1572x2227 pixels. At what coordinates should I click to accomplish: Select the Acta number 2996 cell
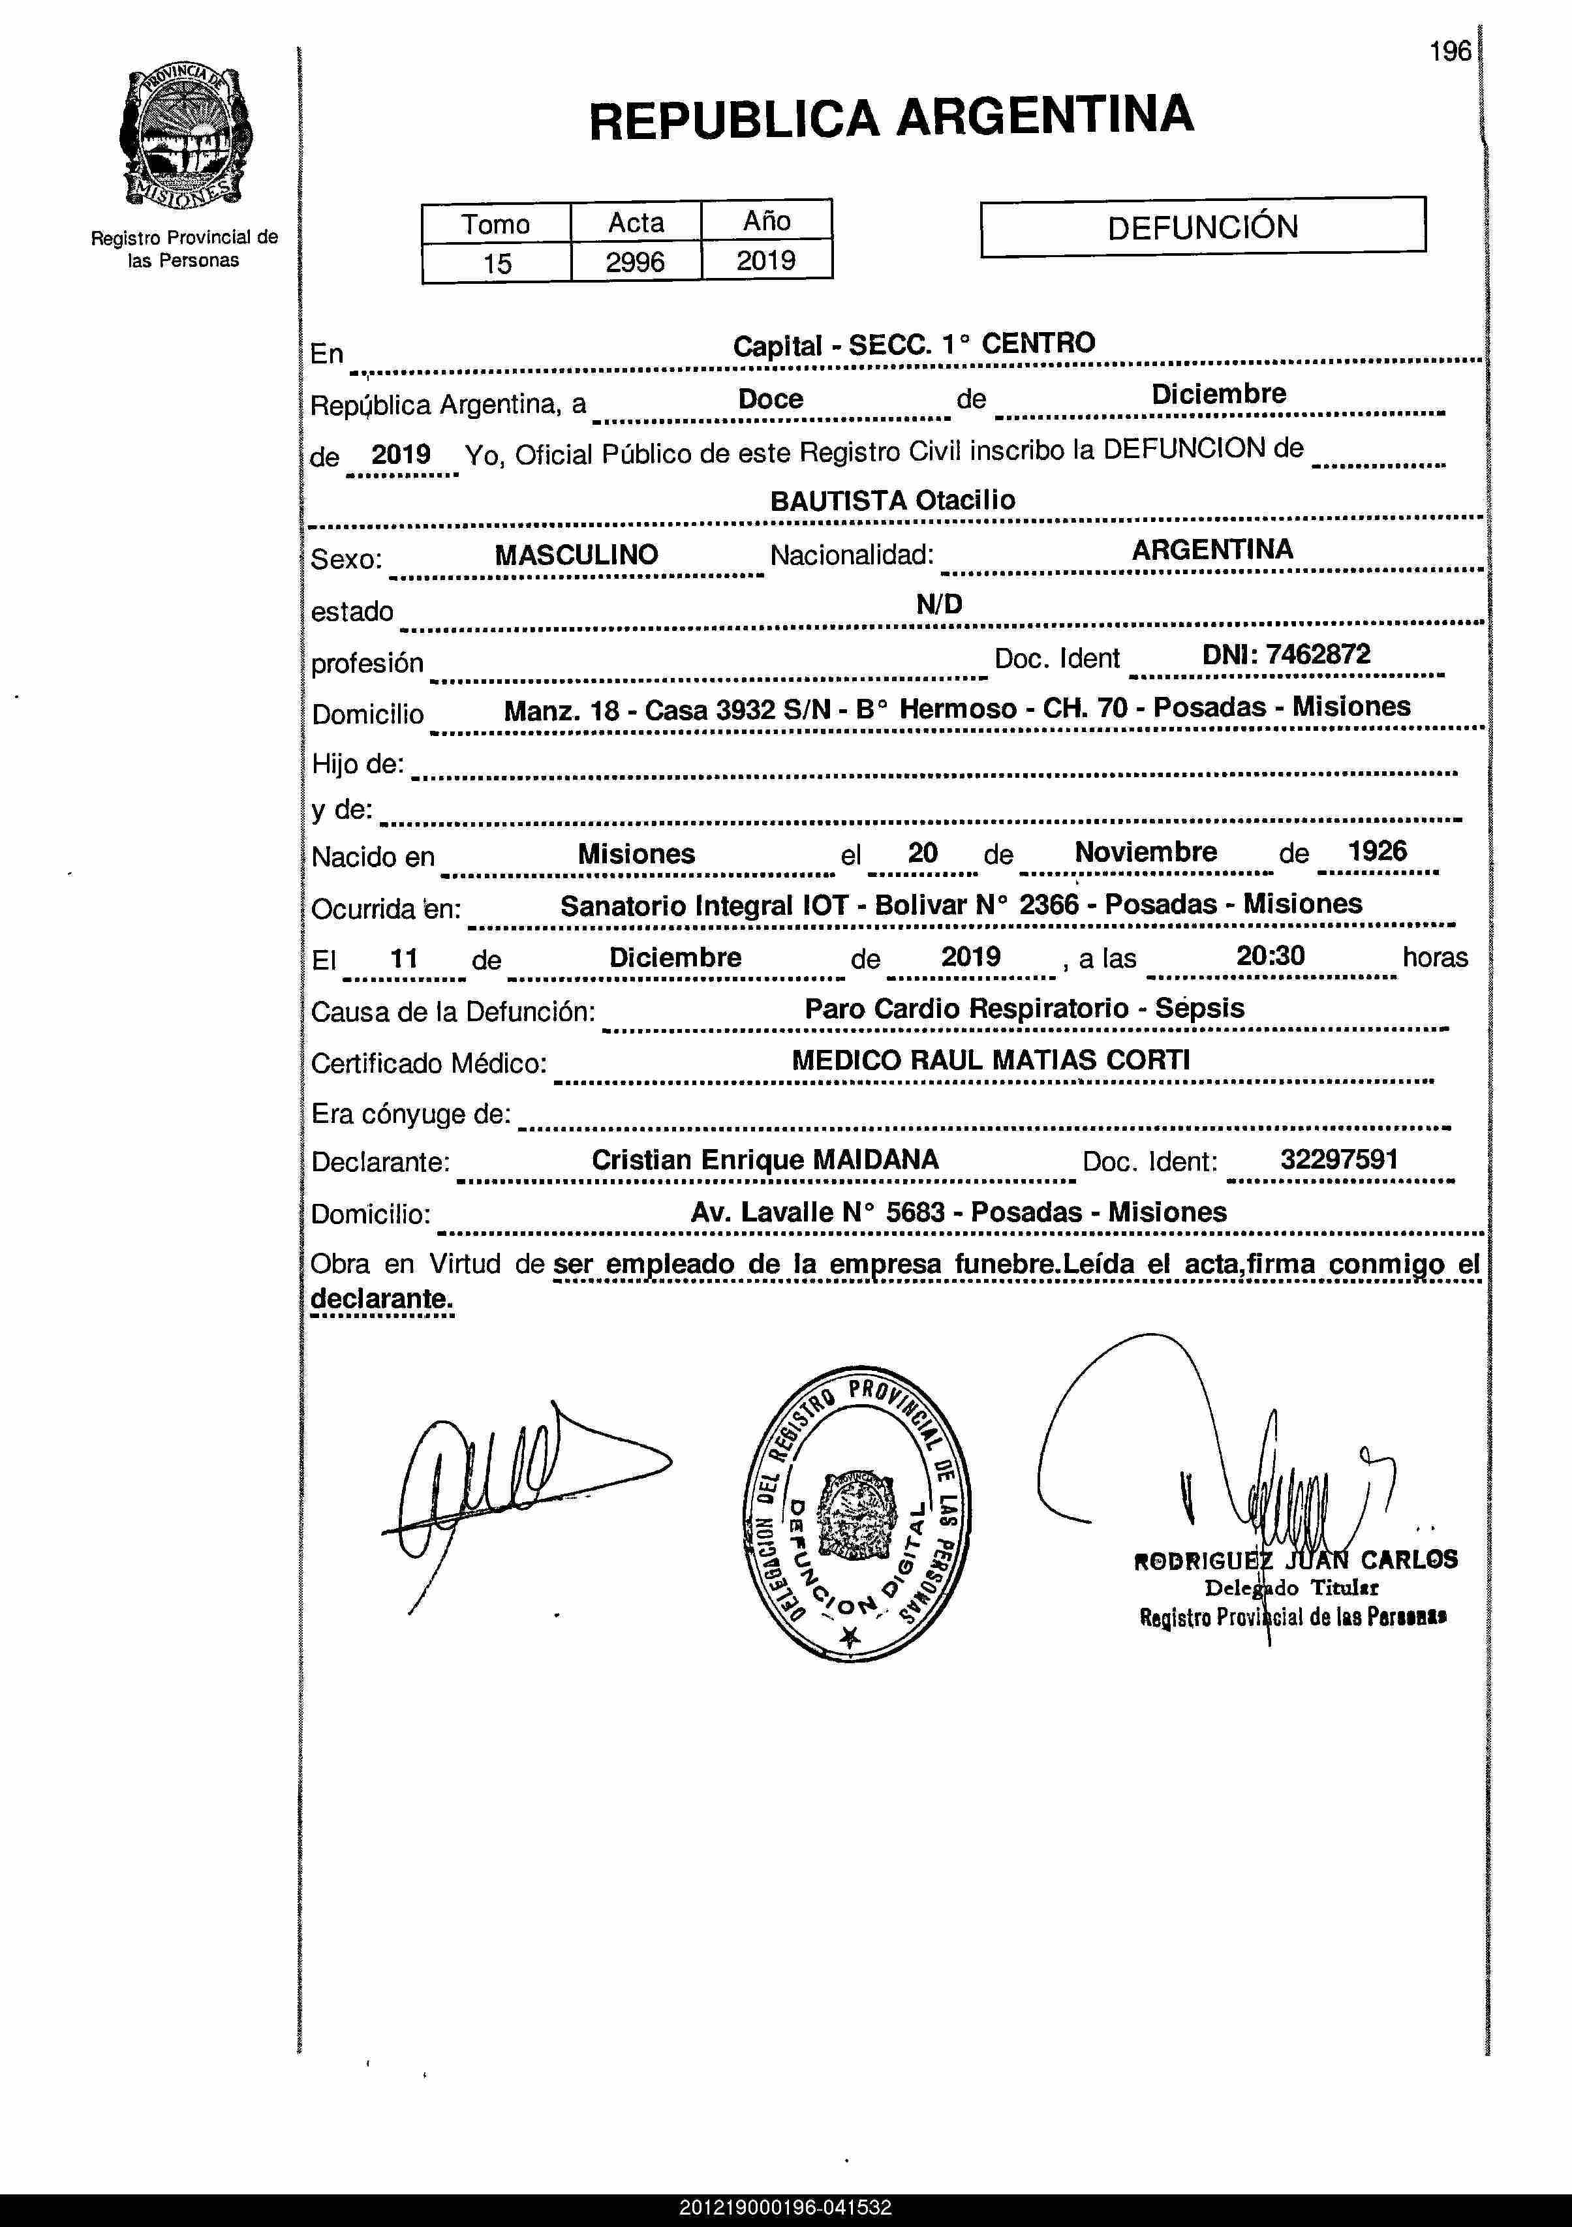pyautogui.click(x=635, y=262)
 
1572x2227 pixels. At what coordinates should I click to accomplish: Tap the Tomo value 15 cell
pyautogui.click(x=497, y=263)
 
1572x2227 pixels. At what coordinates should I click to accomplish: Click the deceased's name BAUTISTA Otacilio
pyautogui.click(x=892, y=500)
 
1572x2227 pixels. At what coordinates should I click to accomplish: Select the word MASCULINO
pyautogui.click(x=576, y=555)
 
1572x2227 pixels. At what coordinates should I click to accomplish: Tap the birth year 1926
pyautogui.click(x=1377, y=851)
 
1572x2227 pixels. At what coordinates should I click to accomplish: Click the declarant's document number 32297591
pyautogui.click(x=1338, y=1159)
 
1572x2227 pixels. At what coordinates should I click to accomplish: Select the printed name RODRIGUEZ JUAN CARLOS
pyautogui.click(x=1295, y=1559)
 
